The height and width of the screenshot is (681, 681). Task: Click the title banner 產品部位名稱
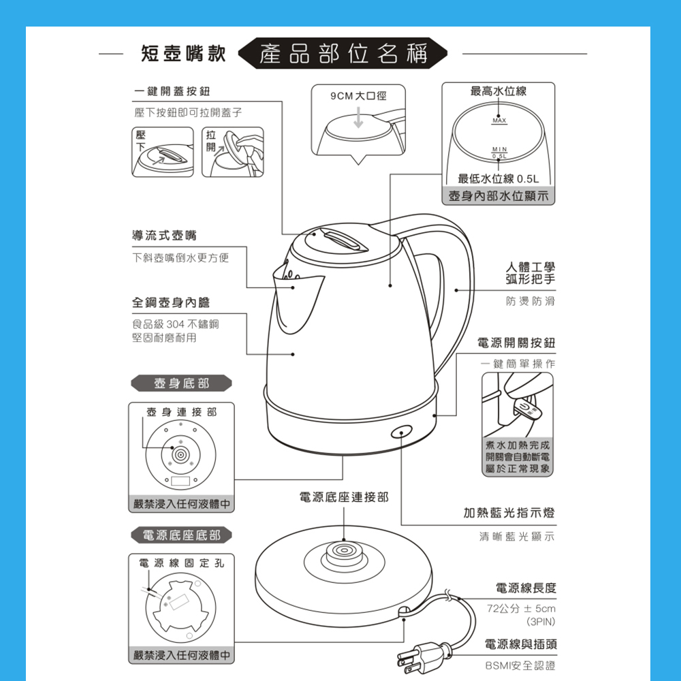click(x=343, y=53)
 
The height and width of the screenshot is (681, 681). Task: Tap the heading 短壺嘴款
click(x=183, y=53)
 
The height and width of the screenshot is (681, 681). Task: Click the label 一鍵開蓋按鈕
click(x=172, y=91)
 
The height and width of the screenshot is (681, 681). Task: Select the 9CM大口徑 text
click(x=358, y=95)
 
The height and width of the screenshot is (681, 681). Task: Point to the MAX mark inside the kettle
click(x=499, y=121)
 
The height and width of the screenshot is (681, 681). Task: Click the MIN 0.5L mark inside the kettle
click(x=499, y=153)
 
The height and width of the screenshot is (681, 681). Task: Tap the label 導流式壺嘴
click(x=164, y=236)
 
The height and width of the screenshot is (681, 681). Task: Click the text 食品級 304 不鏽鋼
click(x=176, y=324)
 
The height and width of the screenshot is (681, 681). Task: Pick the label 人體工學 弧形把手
click(x=530, y=273)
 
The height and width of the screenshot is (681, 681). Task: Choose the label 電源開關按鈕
click(x=516, y=343)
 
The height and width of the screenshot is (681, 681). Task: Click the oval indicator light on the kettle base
click(x=401, y=432)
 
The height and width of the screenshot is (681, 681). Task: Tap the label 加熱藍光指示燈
click(x=509, y=513)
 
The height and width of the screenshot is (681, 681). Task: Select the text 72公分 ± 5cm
click(x=521, y=608)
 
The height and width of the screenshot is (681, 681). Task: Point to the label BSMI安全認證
click(x=520, y=665)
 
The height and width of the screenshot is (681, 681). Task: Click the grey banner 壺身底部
click(x=181, y=383)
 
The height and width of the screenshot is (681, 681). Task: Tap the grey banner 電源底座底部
click(x=181, y=535)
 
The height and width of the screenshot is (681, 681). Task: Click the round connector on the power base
click(x=343, y=552)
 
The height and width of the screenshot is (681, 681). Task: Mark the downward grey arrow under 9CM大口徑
click(x=358, y=117)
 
